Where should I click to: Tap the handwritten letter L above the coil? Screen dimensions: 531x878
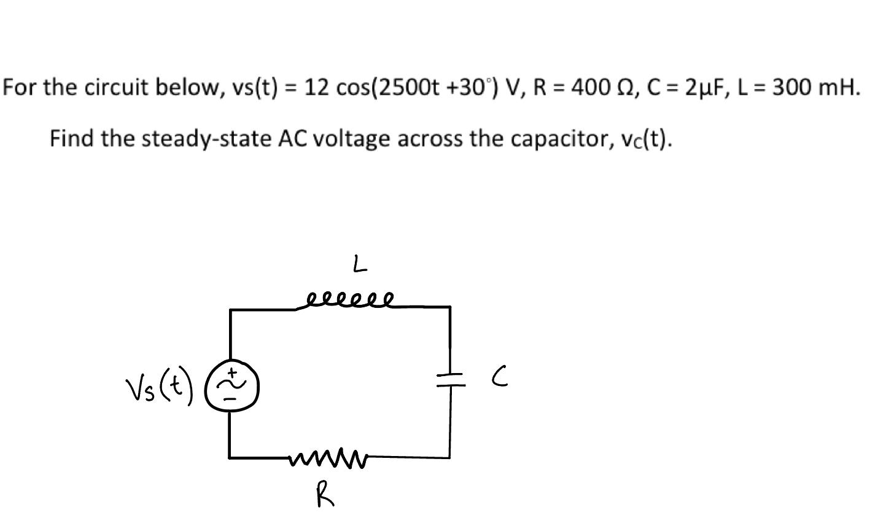tap(360, 265)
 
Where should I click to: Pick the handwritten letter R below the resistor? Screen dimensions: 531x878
tap(325, 494)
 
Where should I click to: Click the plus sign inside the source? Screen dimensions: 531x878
tap(233, 372)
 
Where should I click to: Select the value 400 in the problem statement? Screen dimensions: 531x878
tap(591, 88)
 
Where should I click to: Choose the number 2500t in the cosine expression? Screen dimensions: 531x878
tap(409, 88)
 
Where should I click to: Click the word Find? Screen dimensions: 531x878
tap(72, 139)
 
